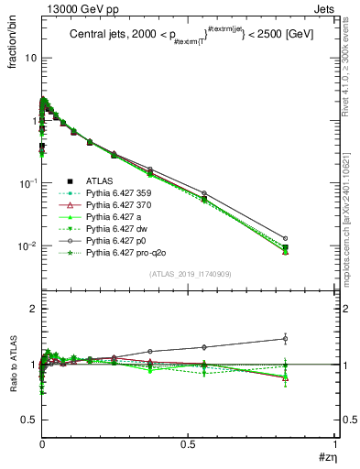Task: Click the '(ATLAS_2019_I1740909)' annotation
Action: pyautogui.click(x=189, y=275)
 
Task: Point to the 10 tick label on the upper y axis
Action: pyautogui.click(x=30, y=58)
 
